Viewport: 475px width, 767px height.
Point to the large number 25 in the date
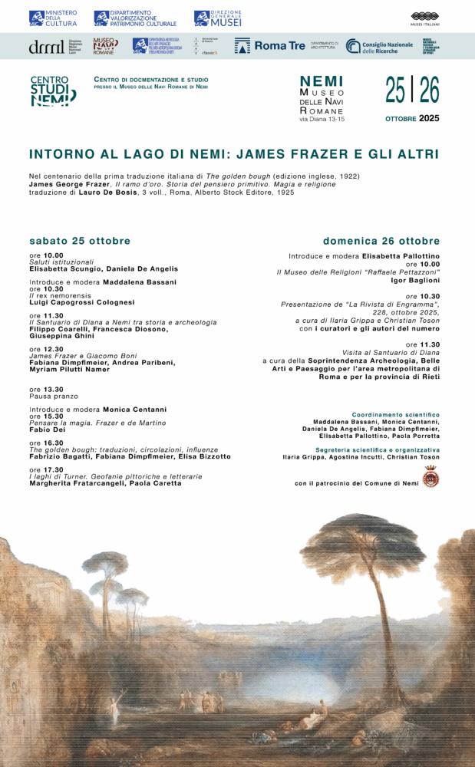coord(396,91)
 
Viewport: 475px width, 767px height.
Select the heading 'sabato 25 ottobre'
coord(80,241)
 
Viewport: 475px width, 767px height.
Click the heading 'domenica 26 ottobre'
coord(381,241)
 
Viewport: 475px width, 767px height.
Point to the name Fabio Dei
coord(47,430)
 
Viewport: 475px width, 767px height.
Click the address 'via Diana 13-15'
coord(322,120)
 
